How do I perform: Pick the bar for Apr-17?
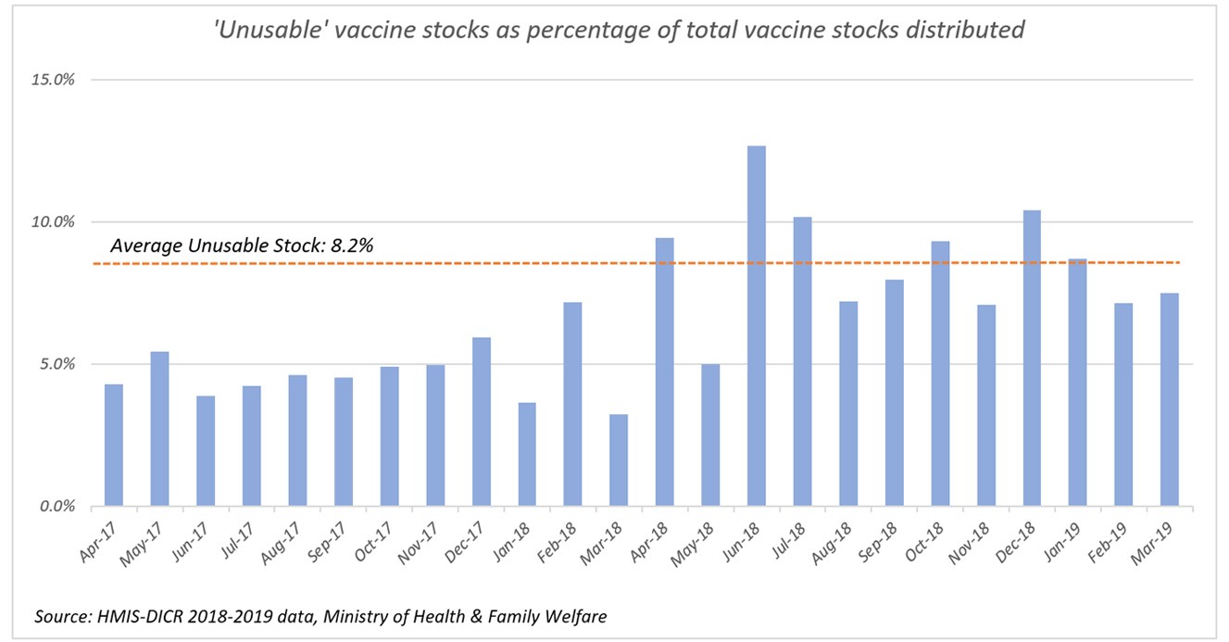(114, 446)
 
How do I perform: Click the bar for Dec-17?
(481, 422)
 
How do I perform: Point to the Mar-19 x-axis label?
(1157, 541)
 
